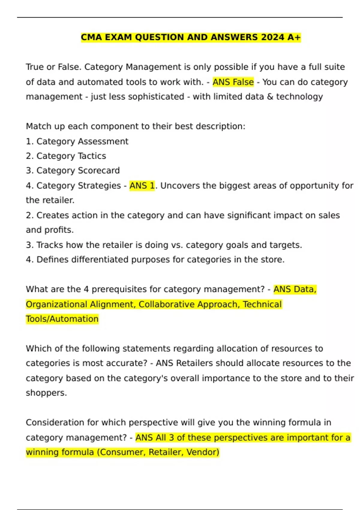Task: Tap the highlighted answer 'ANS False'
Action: [x=233, y=82]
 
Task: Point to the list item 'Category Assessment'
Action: [x=82, y=141]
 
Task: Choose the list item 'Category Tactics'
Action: [x=71, y=156]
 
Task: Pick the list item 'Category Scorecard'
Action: [x=78, y=170]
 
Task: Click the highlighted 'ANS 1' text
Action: [x=142, y=186]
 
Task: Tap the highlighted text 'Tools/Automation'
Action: [x=62, y=319]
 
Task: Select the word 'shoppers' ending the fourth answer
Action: [x=45, y=393]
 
